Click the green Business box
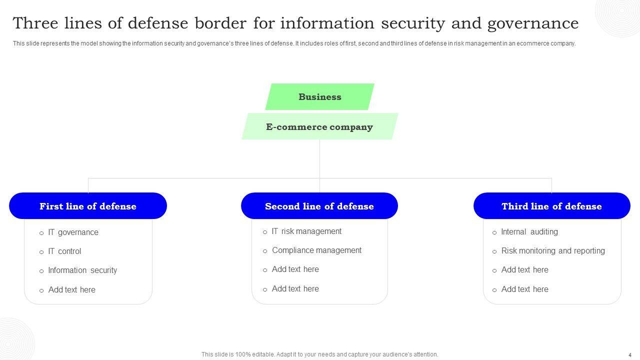click(x=320, y=97)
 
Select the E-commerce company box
click(x=319, y=127)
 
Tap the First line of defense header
click(x=88, y=206)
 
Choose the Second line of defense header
click(x=319, y=206)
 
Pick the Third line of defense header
click(x=551, y=206)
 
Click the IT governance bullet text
click(x=73, y=232)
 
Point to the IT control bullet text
click(x=64, y=251)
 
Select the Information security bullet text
click(x=82, y=270)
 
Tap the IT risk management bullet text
click(x=306, y=231)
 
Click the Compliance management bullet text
click(x=316, y=250)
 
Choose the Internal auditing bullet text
click(x=529, y=232)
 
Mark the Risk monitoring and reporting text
click(x=553, y=251)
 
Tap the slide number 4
click(x=630, y=355)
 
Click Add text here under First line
click(x=71, y=290)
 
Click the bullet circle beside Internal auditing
click(x=494, y=232)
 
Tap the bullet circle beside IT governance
click(x=41, y=233)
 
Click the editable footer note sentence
click(x=319, y=354)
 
